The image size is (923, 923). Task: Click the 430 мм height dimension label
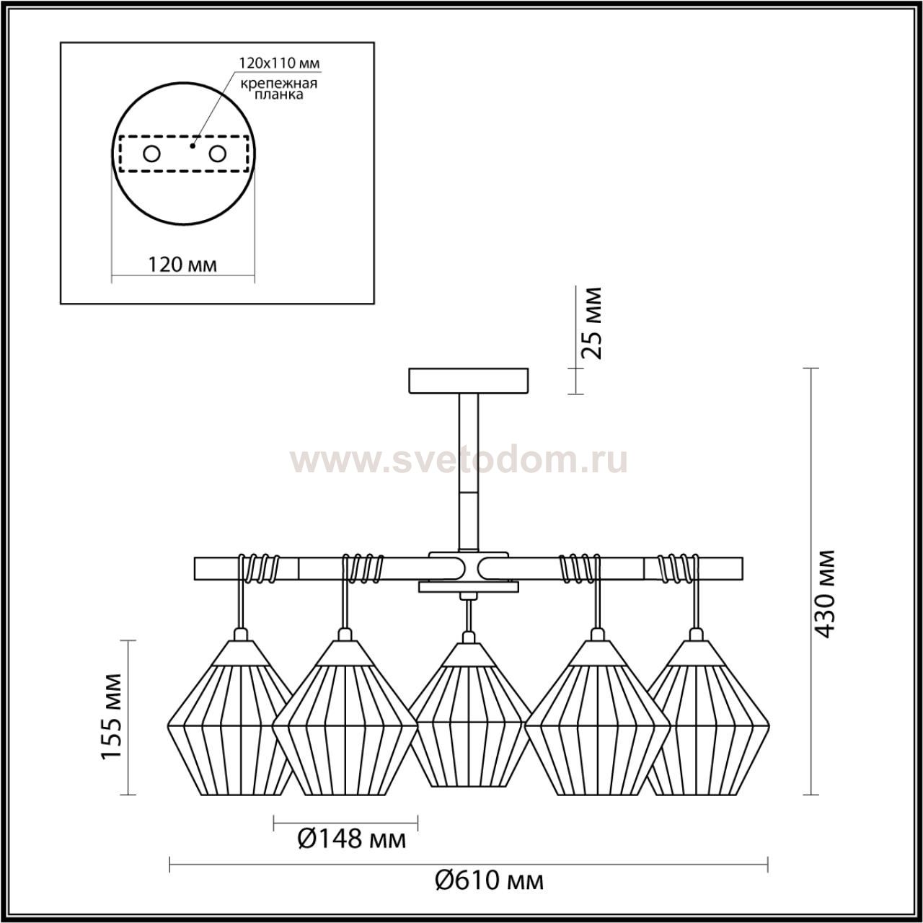(x=825, y=593)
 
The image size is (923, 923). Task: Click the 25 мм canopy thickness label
(x=591, y=323)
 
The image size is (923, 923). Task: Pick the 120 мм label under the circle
(x=182, y=264)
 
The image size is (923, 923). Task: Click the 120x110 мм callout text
(x=279, y=63)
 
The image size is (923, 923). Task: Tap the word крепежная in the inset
(x=279, y=84)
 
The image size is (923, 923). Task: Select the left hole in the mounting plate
(x=152, y=154)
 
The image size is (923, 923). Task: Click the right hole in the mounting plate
(x=217, y=154)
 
